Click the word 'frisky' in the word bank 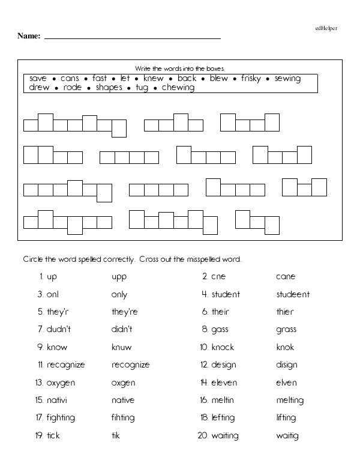point(252,79)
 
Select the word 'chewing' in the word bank point(178,88)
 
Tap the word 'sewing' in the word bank point(288,79)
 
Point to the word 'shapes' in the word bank point(109,88)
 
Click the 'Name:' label point(29,36)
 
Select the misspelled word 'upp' point(119,277)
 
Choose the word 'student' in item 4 point(226,295)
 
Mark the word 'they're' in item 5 point(125,312)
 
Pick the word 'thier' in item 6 point(285,312)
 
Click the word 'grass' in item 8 point(286,330)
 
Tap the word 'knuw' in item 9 point(122,347)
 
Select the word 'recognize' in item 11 point(131,365)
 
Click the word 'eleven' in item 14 point(224,383)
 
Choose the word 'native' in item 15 point(123,401)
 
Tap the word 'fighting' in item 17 point(61,418)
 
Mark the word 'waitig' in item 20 point(287,436)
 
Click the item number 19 point(39,435)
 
